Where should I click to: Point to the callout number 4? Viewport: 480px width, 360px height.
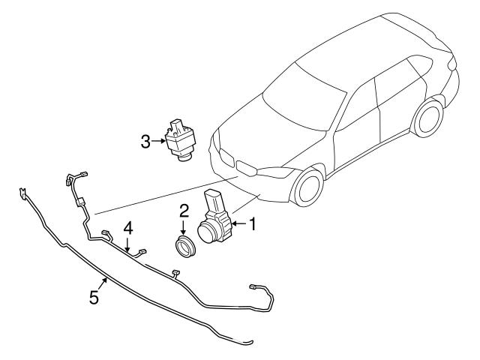pyautogui.click(x=128, y=227)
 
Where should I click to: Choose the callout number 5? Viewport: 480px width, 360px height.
pyautogui.click(x=94, y=298)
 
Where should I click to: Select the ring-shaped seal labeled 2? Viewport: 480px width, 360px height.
pyautogui.click(x=184, y=246)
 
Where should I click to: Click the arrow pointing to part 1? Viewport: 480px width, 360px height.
pyautogui.click(x=239, y=223)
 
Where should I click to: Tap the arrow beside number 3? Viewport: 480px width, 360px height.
pyautogui.click(x=159, y=139)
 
